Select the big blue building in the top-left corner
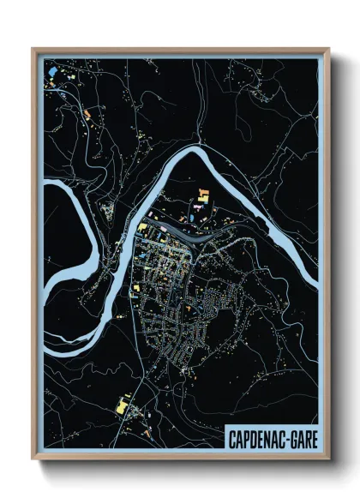coord(53,69)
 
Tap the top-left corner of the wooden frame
coord(33,49)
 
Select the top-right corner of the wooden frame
coord(328,49)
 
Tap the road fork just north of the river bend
coord(198,136)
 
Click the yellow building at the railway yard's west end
coord(142,226)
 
